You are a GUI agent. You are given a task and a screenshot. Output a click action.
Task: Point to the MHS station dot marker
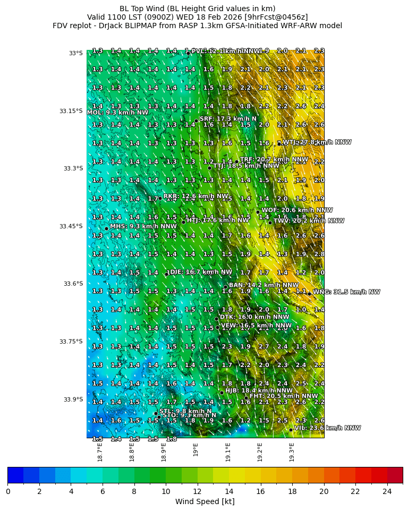coord(106,229)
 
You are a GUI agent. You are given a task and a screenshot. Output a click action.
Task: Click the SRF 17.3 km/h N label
coord(228,119)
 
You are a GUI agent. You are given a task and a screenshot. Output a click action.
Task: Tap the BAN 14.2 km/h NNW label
coord(263,285)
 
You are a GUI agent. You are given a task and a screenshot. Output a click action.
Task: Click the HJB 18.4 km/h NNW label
coord(259,390)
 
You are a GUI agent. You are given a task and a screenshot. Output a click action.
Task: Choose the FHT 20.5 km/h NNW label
coord(284,396)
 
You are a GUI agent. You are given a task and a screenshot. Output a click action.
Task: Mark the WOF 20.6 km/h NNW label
coord(297,210)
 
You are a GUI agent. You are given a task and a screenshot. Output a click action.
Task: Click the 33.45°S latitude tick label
coord(71,226)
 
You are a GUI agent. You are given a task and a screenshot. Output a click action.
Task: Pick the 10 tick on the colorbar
coord(166,491)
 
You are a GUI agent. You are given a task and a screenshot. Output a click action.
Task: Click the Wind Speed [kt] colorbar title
coord(205,501)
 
